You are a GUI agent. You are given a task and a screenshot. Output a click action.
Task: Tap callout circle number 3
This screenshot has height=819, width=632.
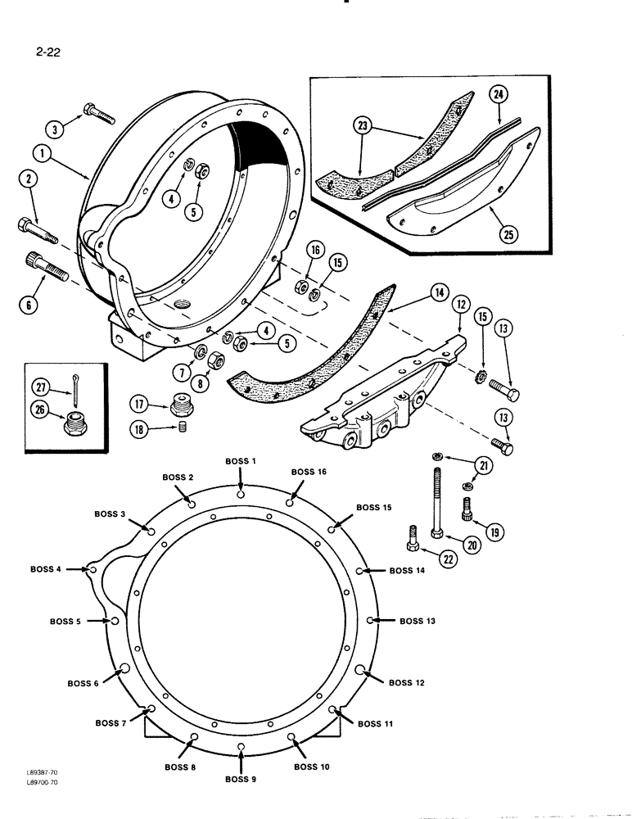pos(55,129)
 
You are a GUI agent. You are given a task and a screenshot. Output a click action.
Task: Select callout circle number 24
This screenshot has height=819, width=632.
pos(499,97)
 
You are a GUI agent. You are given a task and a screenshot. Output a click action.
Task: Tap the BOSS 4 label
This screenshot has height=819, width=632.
pos(47,569)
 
